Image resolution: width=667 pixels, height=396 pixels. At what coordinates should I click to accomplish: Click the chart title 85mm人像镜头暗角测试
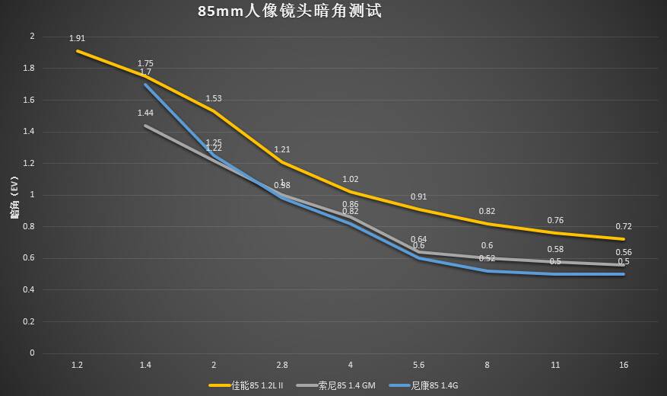point(289,12)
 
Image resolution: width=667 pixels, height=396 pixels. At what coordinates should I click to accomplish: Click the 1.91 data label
point(77,38)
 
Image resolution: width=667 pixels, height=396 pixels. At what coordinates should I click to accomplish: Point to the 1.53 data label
point(214,98)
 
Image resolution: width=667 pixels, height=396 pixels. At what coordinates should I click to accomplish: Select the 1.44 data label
point(145,113)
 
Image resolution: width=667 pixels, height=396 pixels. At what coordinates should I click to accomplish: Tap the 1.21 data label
point(282,149)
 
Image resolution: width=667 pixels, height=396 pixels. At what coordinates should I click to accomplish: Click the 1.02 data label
point(351,179)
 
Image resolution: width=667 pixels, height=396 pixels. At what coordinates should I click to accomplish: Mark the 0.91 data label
point(419,196)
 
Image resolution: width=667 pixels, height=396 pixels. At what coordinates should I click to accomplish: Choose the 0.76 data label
point(555,220)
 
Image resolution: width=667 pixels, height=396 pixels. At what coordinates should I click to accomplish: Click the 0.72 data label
point(624,226)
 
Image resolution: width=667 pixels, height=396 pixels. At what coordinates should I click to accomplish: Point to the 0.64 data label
point(419,239)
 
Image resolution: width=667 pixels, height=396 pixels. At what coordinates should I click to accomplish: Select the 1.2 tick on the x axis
point(77,366)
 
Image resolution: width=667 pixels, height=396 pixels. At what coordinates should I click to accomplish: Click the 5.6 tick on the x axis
point(419,366)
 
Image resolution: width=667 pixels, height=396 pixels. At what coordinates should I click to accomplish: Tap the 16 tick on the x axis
point(624,366)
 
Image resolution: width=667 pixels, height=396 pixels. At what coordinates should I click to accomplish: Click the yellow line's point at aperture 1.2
point(77,51)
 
